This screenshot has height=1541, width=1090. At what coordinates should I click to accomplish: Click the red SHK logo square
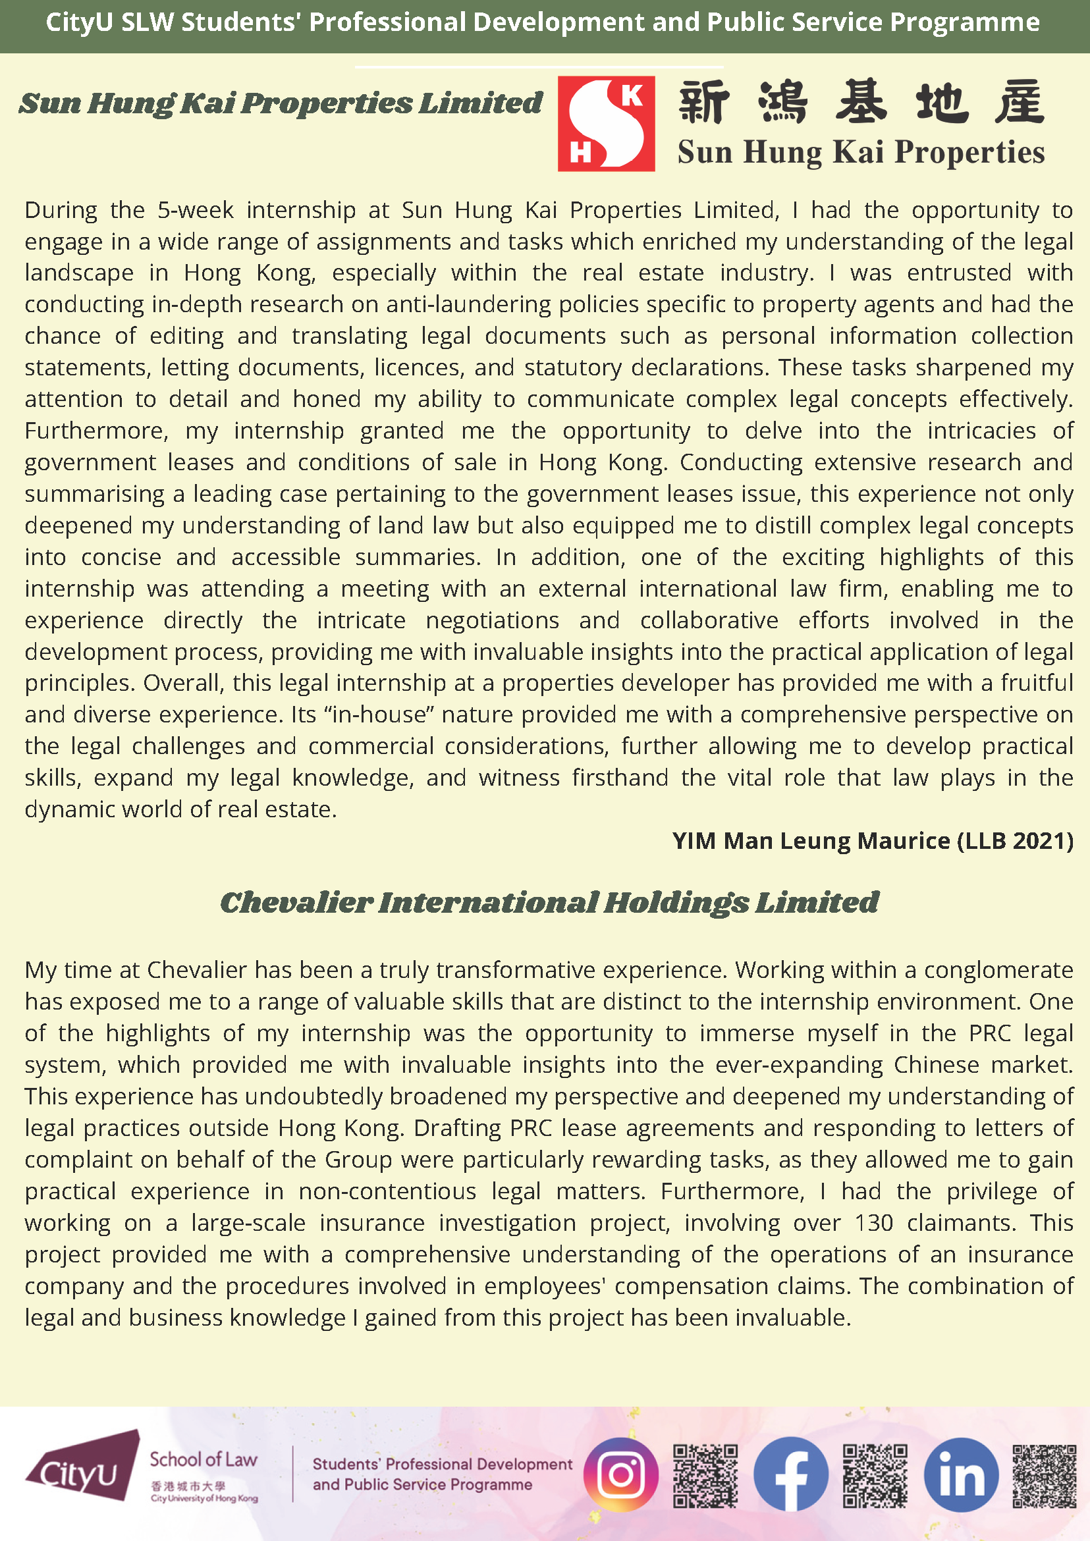pyautogui.click(x=606, y=124)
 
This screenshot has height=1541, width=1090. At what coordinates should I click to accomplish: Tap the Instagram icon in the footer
pyautogui.click(x=621, y=1474)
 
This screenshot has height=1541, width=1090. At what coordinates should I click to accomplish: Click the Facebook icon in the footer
pyautogui.click(x=790, y=1474)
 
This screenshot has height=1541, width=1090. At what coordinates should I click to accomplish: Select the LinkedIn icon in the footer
pyautogui.click(x=961, y=1474)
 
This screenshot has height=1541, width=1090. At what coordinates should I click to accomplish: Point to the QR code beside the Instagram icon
pyautogui.click(x=705, y=1475)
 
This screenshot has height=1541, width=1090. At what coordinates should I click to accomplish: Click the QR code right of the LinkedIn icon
pyautogui.click(x=1045, y=1475)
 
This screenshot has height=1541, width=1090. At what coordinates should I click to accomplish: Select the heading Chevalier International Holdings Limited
pyautogui.click(x=549, y=902)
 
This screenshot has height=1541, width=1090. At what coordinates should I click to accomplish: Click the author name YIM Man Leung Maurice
pyautogui.click(x=811, y=840)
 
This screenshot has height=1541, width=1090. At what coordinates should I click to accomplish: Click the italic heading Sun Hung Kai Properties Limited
pyautogui.click(x=280, y=103)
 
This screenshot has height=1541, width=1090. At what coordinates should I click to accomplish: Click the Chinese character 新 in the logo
pyautogui.click(x=703, y=102)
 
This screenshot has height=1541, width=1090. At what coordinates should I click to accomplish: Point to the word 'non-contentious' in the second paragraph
pyautogui.click(x=387, y=1191)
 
